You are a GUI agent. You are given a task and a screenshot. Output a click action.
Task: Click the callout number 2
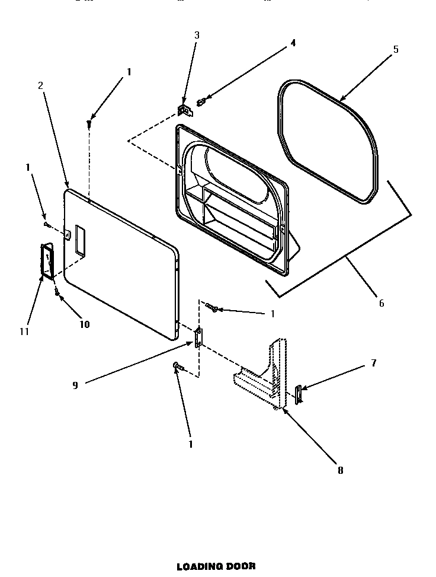[40, 85]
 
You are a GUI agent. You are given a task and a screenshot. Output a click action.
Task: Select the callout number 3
[197, 35]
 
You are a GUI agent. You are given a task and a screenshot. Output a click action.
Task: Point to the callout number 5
[396, 49]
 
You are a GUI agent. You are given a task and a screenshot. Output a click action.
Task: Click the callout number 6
[381, 303]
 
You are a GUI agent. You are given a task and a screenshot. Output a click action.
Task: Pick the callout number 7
[373, 363]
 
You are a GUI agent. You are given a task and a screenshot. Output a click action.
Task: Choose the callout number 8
[340, 470]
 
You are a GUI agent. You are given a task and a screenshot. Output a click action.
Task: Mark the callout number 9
[75, 384]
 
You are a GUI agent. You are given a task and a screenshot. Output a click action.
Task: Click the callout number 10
[84, 324]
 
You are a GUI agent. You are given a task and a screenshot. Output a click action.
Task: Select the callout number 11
[24, 331]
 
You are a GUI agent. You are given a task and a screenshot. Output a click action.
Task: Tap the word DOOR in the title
[242, 566]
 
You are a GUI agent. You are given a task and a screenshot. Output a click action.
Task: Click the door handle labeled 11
[46, 261]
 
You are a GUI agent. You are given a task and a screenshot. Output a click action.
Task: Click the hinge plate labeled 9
[198, 336]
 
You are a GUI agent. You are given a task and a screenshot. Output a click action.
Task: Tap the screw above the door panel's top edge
[89, 123]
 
